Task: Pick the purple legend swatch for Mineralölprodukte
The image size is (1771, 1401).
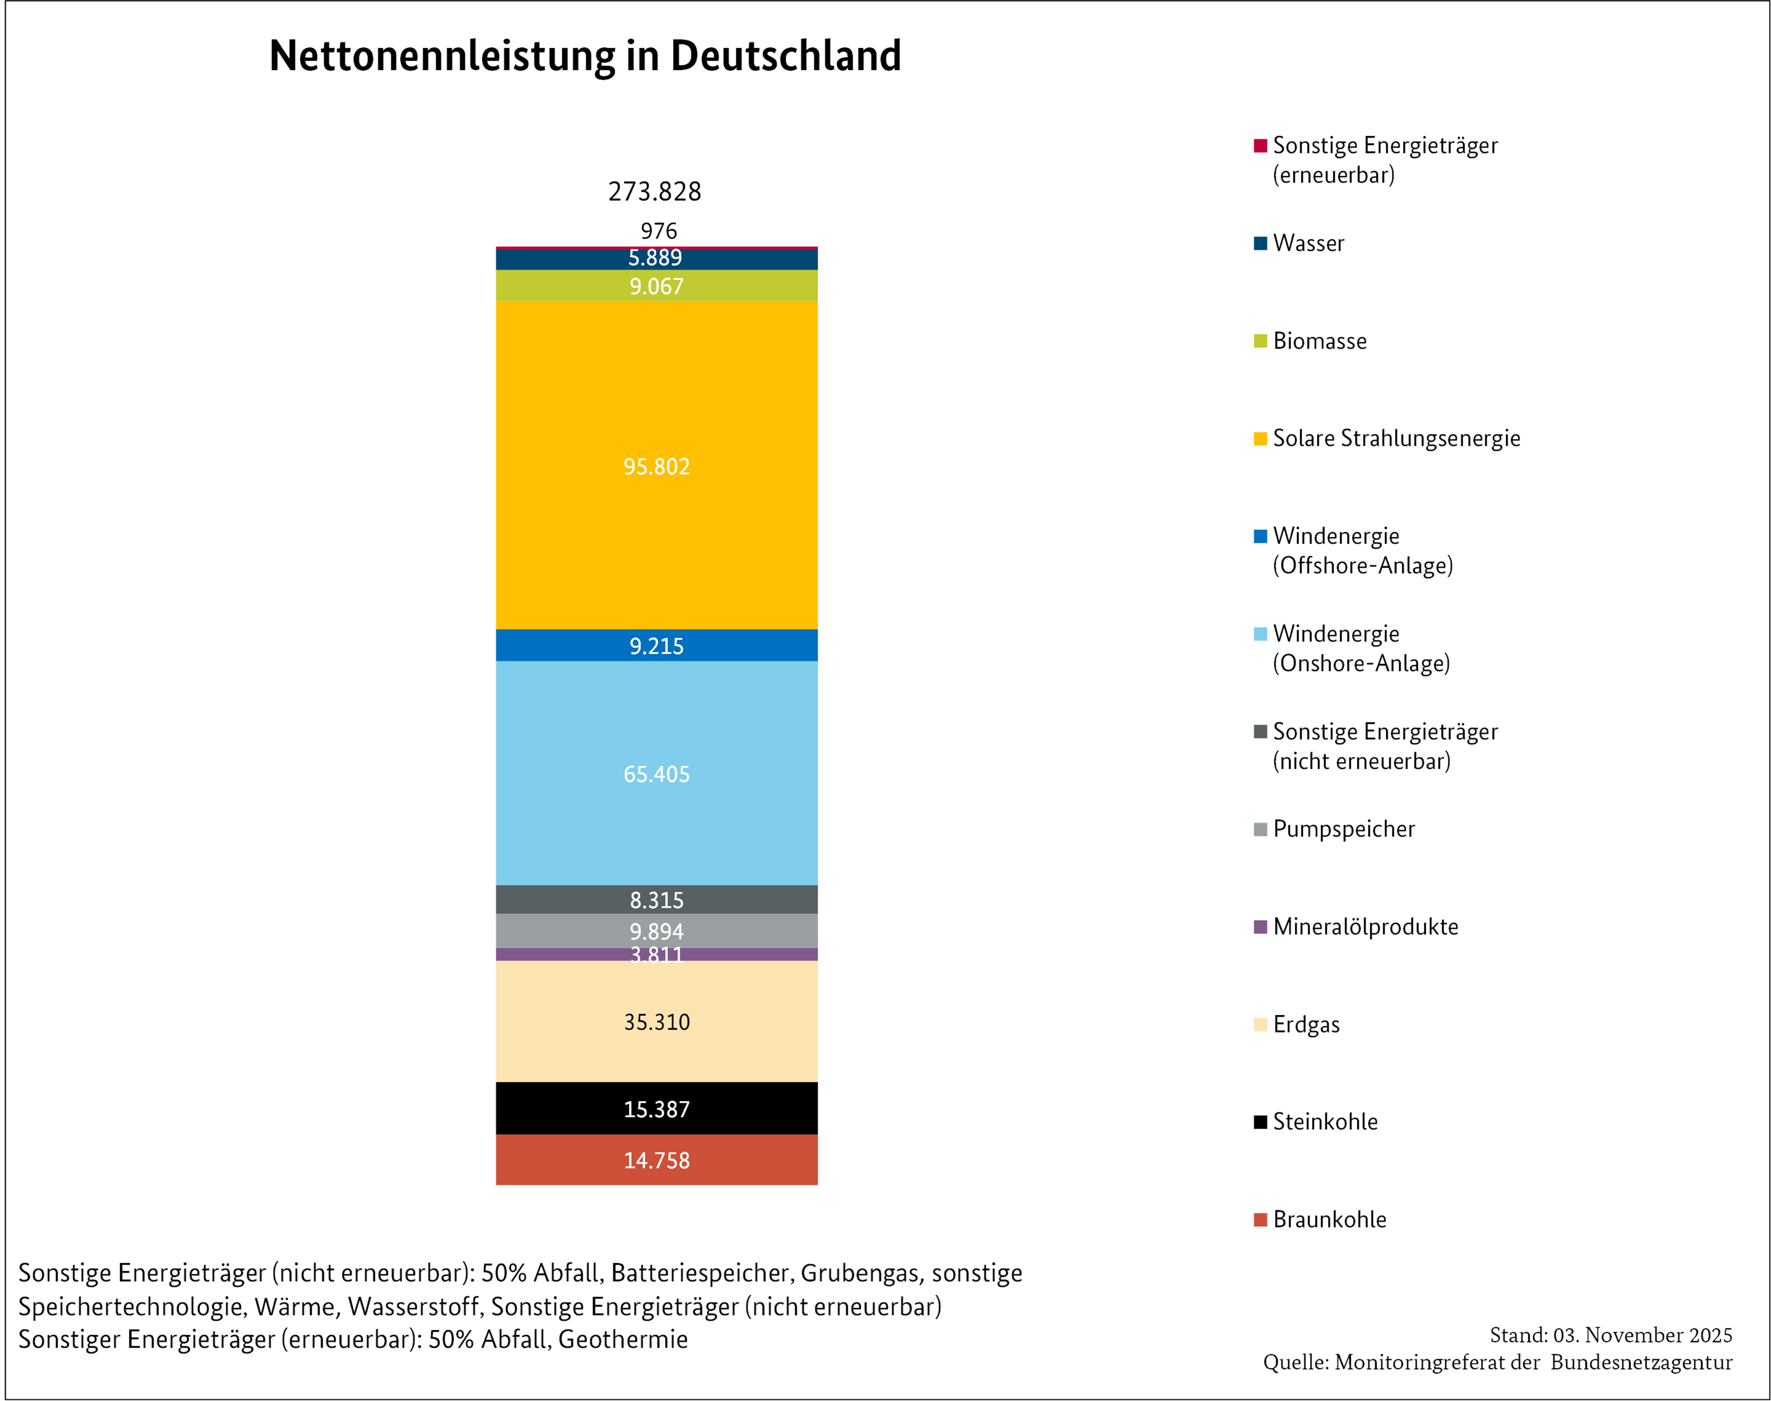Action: (1260, 927)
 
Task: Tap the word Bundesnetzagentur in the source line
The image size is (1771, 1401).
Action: (1641, 1363)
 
